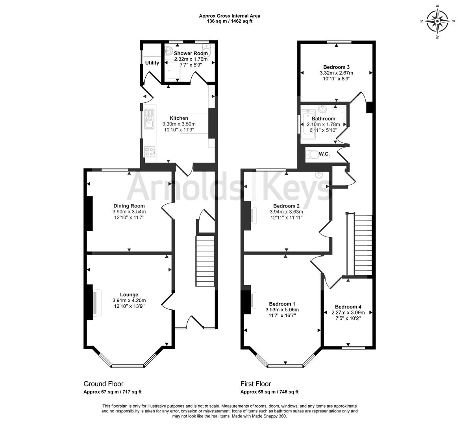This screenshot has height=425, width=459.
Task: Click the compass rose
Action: pos(437,21)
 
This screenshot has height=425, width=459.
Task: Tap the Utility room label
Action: pos(152,63)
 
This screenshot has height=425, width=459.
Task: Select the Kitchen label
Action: pos(179,118)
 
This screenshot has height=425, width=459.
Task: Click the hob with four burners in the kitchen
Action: pos(150,152)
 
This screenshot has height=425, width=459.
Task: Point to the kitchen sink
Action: pos(150,118)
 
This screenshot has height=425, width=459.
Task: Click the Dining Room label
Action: pos(129,206)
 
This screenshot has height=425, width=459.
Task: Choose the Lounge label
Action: pos(129,295)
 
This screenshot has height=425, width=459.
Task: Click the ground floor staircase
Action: pos(205,261)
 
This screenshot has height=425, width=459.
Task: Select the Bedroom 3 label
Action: pos(336,67)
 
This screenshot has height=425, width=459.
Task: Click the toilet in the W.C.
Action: pos(312,154)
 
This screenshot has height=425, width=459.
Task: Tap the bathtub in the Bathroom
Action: pos(309,124)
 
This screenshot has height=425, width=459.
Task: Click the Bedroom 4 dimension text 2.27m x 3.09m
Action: pos(348,312)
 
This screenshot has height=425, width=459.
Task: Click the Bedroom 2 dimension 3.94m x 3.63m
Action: pos(286,212)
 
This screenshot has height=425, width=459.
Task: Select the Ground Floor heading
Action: pos(104,384)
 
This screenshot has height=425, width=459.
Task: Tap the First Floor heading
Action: pos(256,384)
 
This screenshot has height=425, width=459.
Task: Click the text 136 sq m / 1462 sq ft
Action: pos(229,21)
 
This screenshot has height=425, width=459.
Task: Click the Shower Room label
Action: pos(191,53)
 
